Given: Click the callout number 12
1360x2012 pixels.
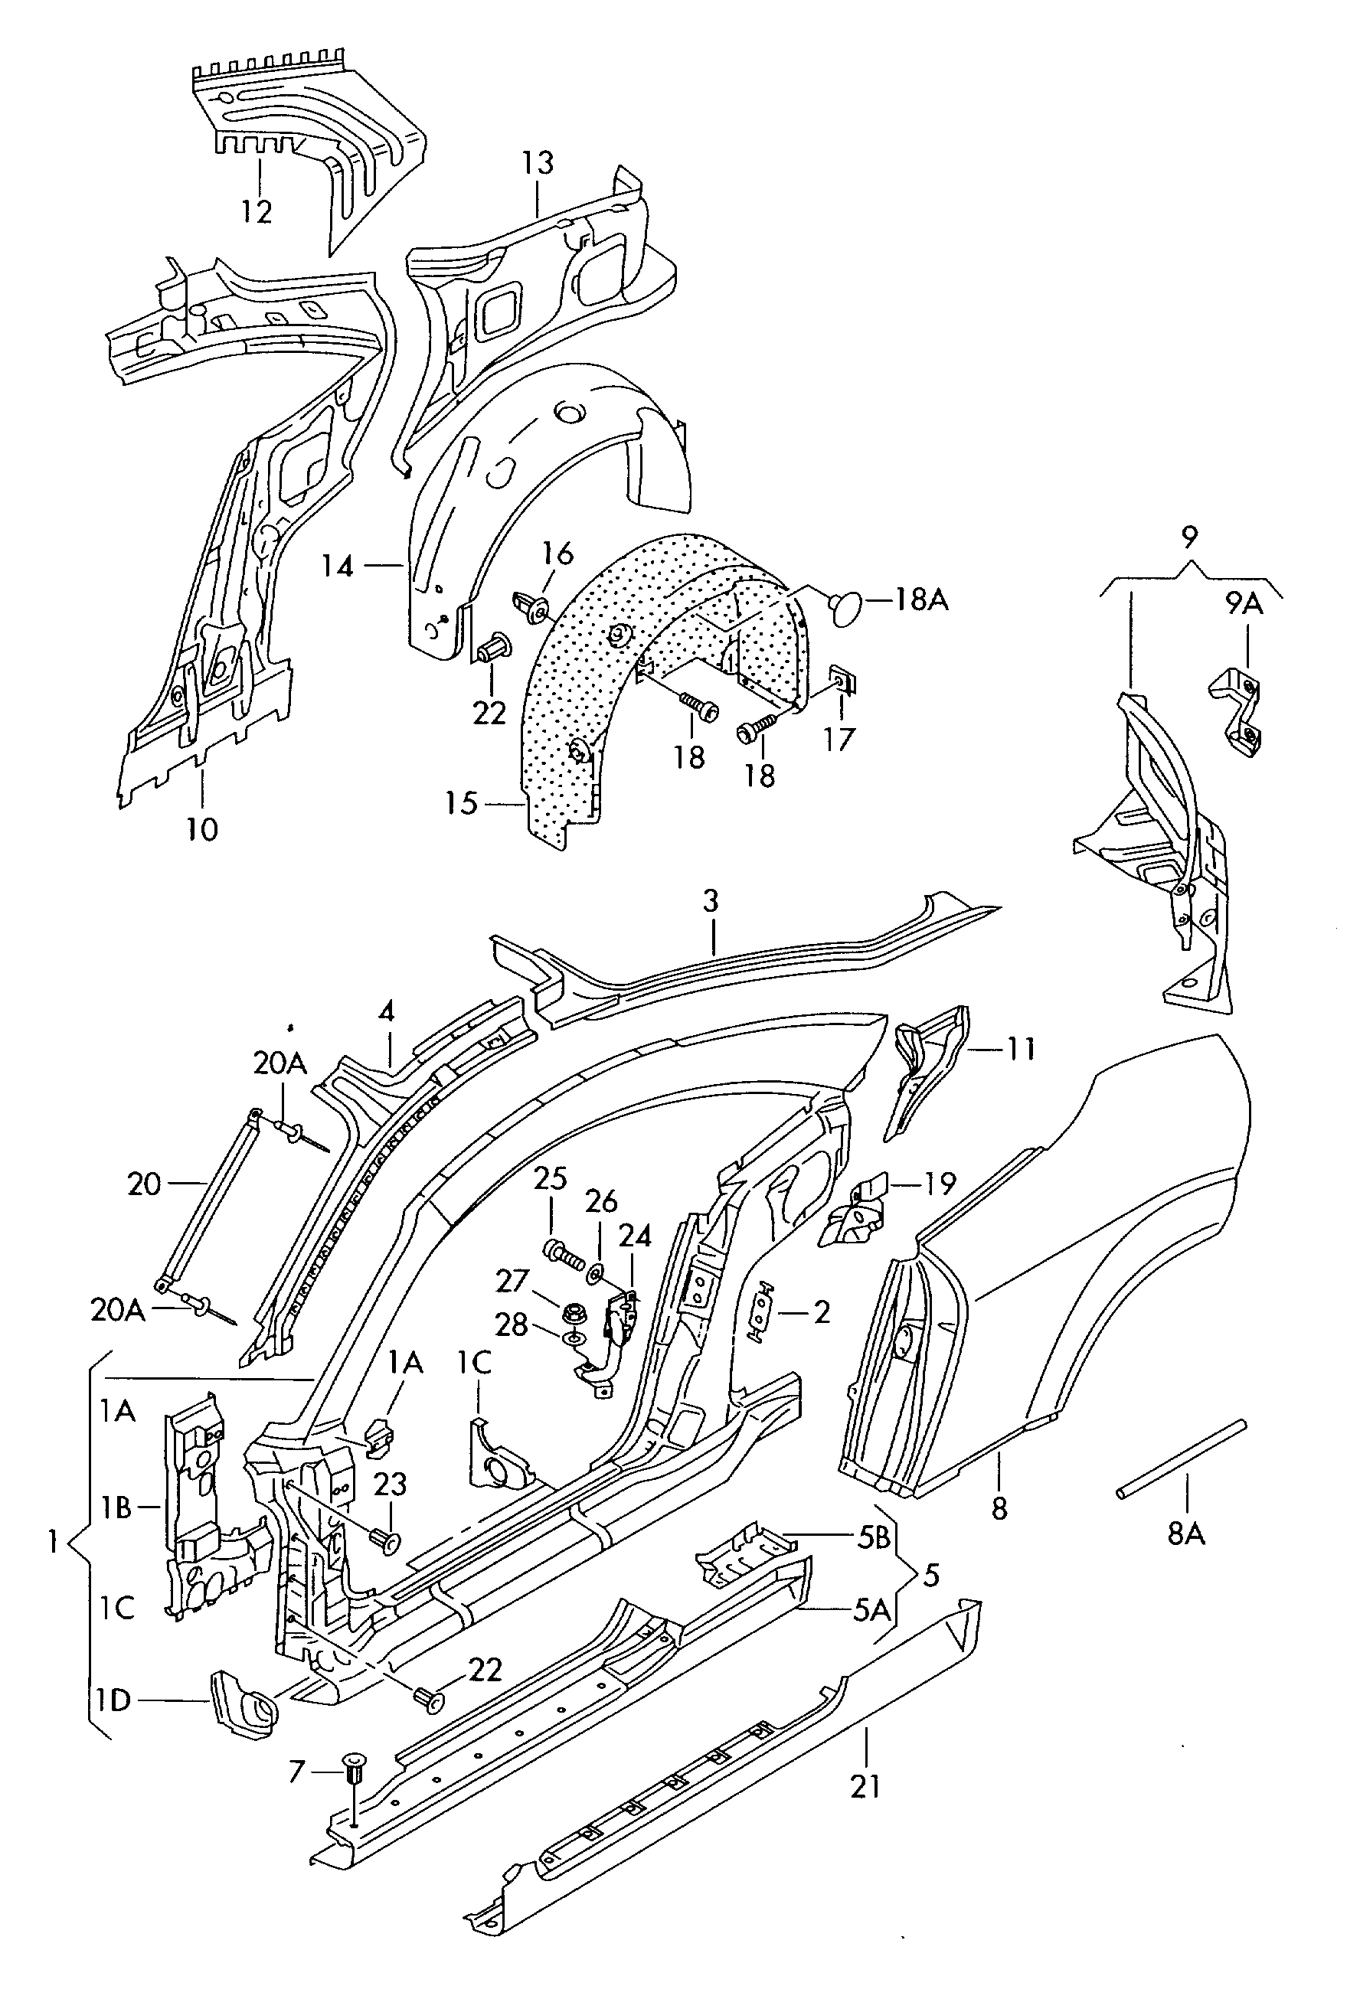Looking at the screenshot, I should tap(257, 211).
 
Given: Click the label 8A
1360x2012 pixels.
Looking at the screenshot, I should tap(1186, 1534).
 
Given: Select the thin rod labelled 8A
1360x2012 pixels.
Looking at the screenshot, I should tap(1182, 1457).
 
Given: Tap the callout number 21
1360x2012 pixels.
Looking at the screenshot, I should tap(865, 1786).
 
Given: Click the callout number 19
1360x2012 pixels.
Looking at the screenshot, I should tap(940, 1183).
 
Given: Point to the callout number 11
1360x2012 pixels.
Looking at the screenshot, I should tap(1021, 1048).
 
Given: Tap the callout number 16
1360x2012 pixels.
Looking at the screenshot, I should tap(558, 552).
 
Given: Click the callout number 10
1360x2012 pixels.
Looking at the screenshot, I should tap(201, 829).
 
